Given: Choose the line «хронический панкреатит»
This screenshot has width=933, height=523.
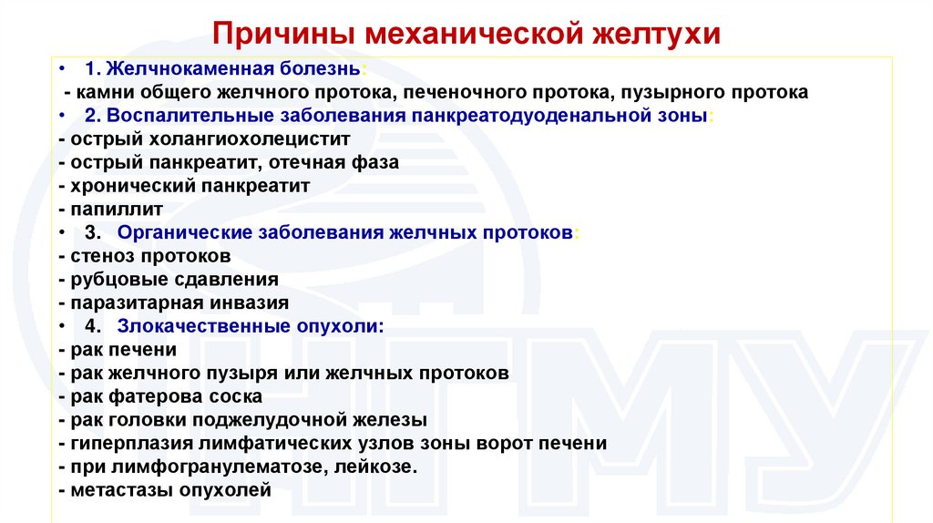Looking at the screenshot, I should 183,185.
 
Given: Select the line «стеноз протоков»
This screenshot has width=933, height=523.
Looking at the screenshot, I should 143,255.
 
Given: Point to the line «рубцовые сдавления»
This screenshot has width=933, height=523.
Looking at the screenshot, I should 168,279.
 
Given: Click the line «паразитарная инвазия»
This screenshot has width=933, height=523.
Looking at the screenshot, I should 172,303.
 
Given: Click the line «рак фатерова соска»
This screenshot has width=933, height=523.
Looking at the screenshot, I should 159,396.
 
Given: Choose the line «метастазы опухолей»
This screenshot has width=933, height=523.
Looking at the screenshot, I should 164,490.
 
